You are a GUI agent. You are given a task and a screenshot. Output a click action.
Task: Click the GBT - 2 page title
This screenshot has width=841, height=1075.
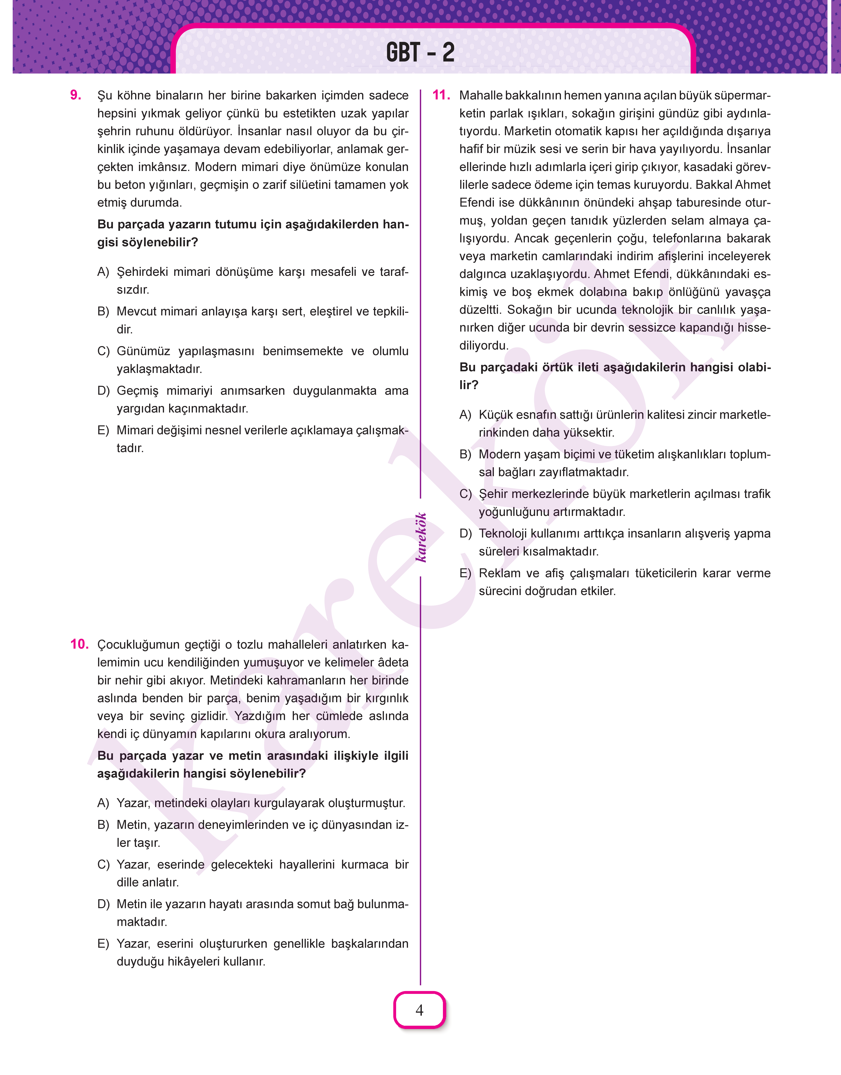(x=420, y=52)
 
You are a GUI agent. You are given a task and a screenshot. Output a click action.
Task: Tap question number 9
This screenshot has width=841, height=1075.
(x=76, y=95)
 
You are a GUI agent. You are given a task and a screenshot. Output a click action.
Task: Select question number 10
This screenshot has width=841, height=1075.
(x=79, y=644)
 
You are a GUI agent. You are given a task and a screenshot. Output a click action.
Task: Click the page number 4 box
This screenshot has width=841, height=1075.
(x=420, y=1010)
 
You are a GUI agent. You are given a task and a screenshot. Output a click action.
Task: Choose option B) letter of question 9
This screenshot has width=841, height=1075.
(x=103, y=311)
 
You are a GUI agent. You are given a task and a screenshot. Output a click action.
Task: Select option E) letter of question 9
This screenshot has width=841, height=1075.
(x=103, y=430)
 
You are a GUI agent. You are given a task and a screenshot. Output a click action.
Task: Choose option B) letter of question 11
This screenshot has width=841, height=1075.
(x=465, y=454)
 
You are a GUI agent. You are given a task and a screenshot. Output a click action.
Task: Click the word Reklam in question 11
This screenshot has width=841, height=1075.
(x=499, y=573)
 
